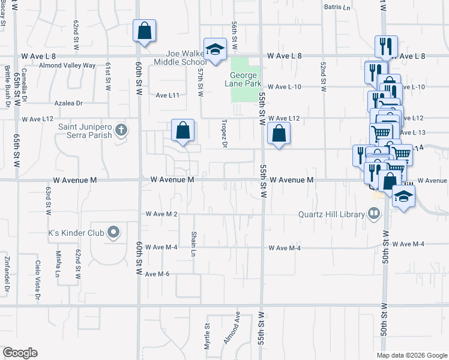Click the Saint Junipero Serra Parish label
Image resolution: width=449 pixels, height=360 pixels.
point(85,131)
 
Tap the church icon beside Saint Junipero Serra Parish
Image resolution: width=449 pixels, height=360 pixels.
point(121,130)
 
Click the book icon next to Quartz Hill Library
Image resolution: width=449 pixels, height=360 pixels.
point(373,214)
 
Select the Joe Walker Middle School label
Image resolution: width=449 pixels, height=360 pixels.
point(180,57)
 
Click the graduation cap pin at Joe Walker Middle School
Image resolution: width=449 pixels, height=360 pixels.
point(214,50)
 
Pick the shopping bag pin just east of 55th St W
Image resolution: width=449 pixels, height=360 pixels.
point(278,133)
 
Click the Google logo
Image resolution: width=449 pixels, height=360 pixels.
point(20,352)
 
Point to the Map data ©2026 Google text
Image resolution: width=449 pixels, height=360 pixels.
point(411,355)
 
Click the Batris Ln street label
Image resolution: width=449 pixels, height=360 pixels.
point(337,8)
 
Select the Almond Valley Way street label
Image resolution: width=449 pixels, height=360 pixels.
point(67,65)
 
